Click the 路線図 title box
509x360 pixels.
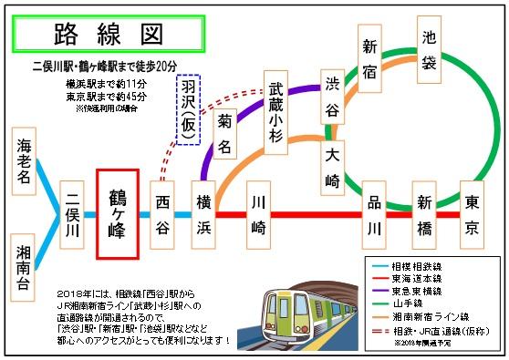click(107, 35)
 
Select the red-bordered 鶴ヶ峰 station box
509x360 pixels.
click(118, 214)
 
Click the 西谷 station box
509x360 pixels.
click(163, 215)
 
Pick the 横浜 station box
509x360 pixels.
click(204, 215)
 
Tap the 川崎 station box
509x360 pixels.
click(259, 215)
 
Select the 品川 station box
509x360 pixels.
click(374, 215)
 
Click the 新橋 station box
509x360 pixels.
click(423, 215)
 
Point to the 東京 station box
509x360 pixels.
click(472, 215)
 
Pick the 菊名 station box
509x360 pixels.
click(225, 133)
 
